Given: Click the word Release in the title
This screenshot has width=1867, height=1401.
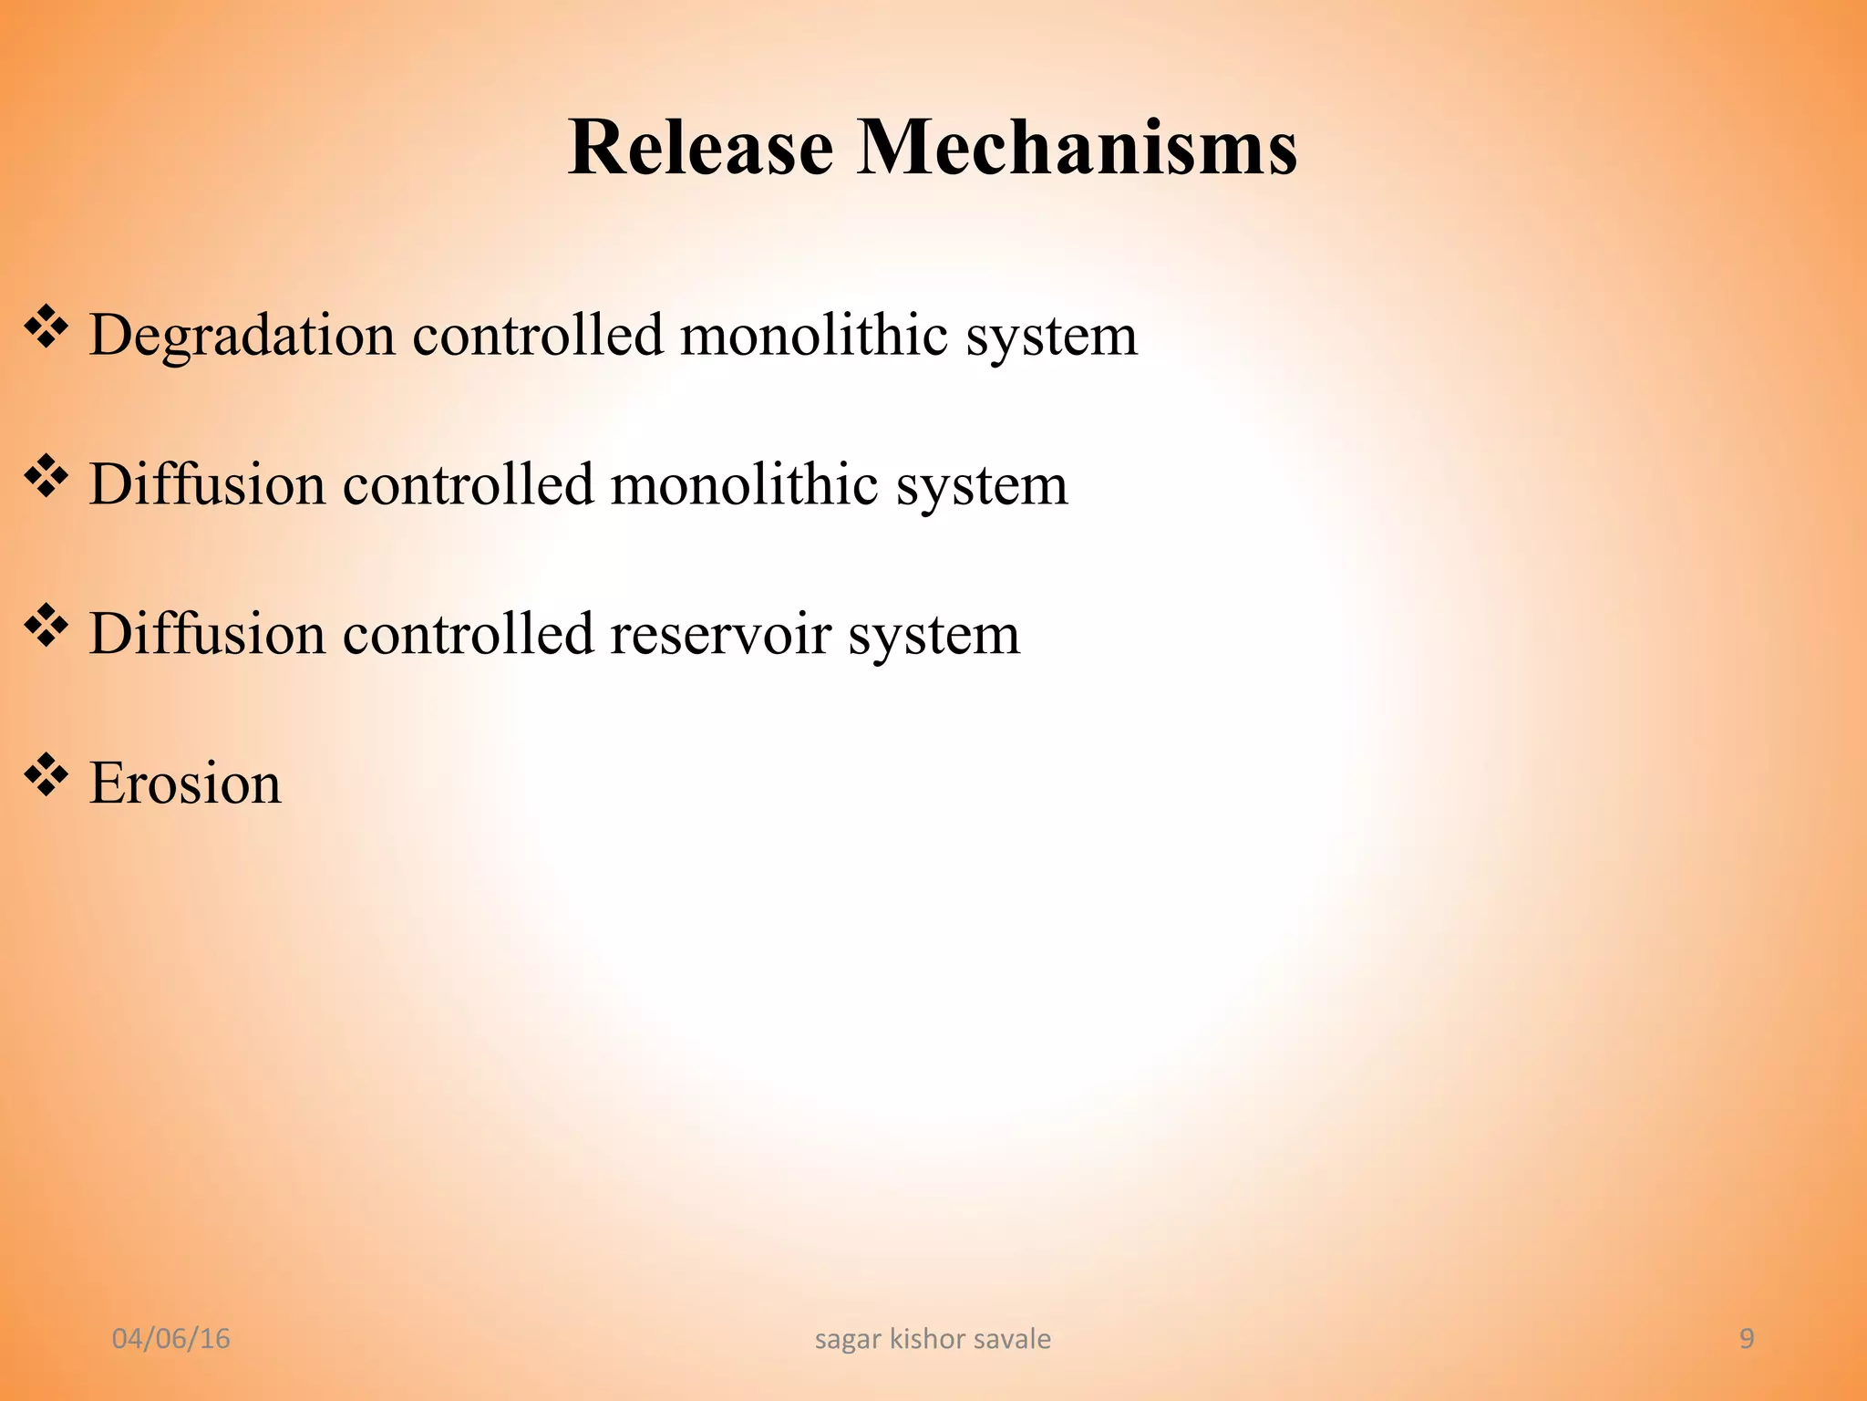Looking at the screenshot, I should coord(700,148).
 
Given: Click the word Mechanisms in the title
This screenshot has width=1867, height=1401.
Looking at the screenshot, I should coord(1078,148).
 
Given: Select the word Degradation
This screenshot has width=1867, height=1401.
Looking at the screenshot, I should coord(242,336).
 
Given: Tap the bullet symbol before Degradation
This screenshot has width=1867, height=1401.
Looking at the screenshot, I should coord(46,327).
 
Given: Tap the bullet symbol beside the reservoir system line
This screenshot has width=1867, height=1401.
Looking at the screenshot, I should coord(46,627).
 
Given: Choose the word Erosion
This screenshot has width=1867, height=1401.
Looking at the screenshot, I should coord(186,784).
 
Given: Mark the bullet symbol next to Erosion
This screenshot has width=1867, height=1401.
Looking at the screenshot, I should coord(46,776).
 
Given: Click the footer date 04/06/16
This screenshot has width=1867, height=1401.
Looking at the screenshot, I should coord(170,1339).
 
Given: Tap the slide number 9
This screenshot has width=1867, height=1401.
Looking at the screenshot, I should coord(1747,1339).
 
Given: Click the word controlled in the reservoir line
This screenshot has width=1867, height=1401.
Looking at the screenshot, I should coord(468,633).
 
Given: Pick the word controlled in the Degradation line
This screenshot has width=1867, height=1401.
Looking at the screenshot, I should coord(538,334).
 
